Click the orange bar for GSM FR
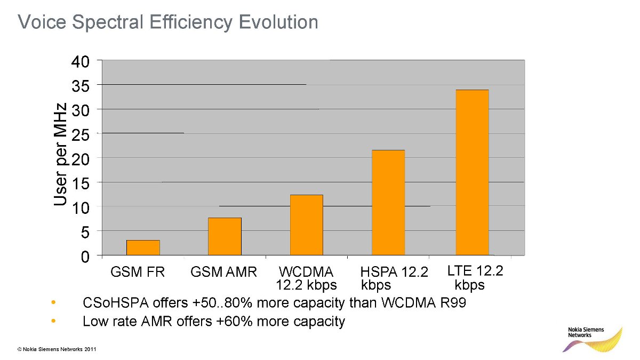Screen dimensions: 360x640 [x=143, y=247]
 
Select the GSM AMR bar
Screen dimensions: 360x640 [x=225, y=236]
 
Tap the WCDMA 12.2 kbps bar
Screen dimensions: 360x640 [x=306, y=225]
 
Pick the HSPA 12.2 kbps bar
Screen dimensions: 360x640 [x=388, y=202]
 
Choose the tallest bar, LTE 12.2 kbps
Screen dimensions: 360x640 [x=472, y=172]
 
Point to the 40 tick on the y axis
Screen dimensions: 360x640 [x=81, y=61]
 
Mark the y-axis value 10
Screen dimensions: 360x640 [x=81, y=207]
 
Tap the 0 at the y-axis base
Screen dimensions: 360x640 [x=85, y=257]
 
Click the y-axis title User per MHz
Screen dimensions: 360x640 [x=60, y=155]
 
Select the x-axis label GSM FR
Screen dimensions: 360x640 [x=138, y=273]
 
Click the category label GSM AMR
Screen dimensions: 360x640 [x=223, y=273]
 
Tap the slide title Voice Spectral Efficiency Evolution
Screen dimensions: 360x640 [x=167, y=22]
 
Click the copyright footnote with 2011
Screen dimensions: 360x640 [x=57, y=349]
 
